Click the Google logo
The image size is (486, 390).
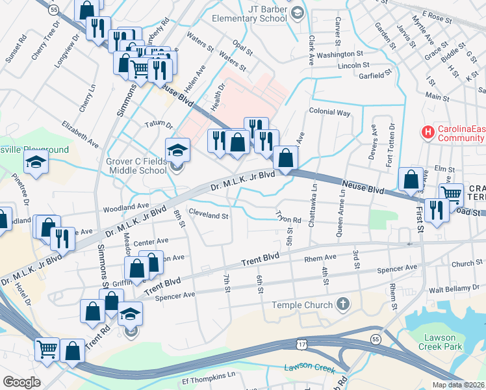(x=21, y=382)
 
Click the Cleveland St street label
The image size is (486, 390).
(x=208, y=214)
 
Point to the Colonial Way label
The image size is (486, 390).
(x=329, y=112)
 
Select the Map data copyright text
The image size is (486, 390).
(x=457, y=385)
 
